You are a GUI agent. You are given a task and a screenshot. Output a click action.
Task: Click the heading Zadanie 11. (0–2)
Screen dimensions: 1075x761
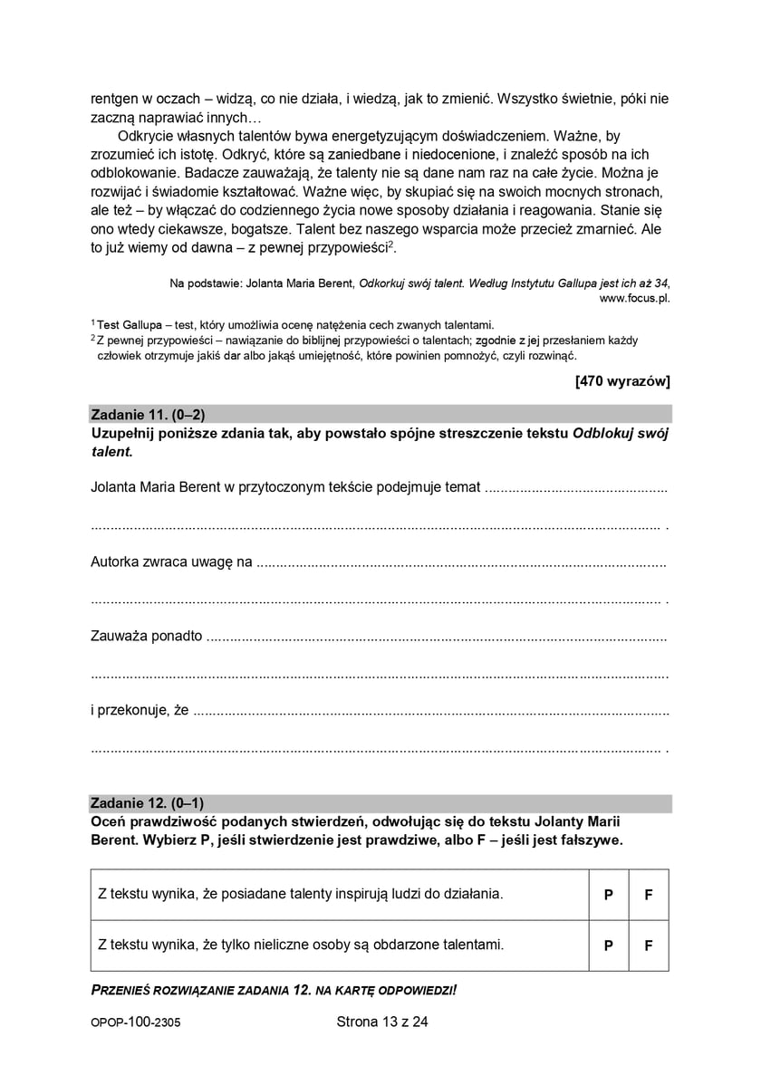point(148,415)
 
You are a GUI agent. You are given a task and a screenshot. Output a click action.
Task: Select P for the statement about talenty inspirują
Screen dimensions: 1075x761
point(609,895)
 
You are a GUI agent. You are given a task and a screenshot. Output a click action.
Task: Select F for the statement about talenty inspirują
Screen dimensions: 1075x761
point(649,895)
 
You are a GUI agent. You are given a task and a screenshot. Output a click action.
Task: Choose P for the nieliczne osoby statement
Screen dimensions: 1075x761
point(609,945)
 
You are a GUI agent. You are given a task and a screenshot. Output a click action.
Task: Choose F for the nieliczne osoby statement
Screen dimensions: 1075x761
point(649,945)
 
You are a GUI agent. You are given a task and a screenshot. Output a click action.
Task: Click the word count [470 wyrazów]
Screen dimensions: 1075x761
point(622,381)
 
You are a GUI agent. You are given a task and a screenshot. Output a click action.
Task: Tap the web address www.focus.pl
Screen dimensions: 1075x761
point(635,297)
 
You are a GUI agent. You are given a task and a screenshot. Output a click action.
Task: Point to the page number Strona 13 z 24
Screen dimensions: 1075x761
point(381,1022)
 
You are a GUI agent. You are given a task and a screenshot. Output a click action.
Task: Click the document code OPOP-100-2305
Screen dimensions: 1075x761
point(135,1022)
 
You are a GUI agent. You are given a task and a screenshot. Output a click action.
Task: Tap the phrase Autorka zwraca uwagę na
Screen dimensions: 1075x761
point(171,562)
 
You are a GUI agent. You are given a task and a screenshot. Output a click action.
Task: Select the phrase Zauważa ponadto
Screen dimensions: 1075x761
point(146,637)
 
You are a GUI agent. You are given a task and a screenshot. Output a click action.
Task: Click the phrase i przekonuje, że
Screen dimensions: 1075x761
point(139,711)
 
